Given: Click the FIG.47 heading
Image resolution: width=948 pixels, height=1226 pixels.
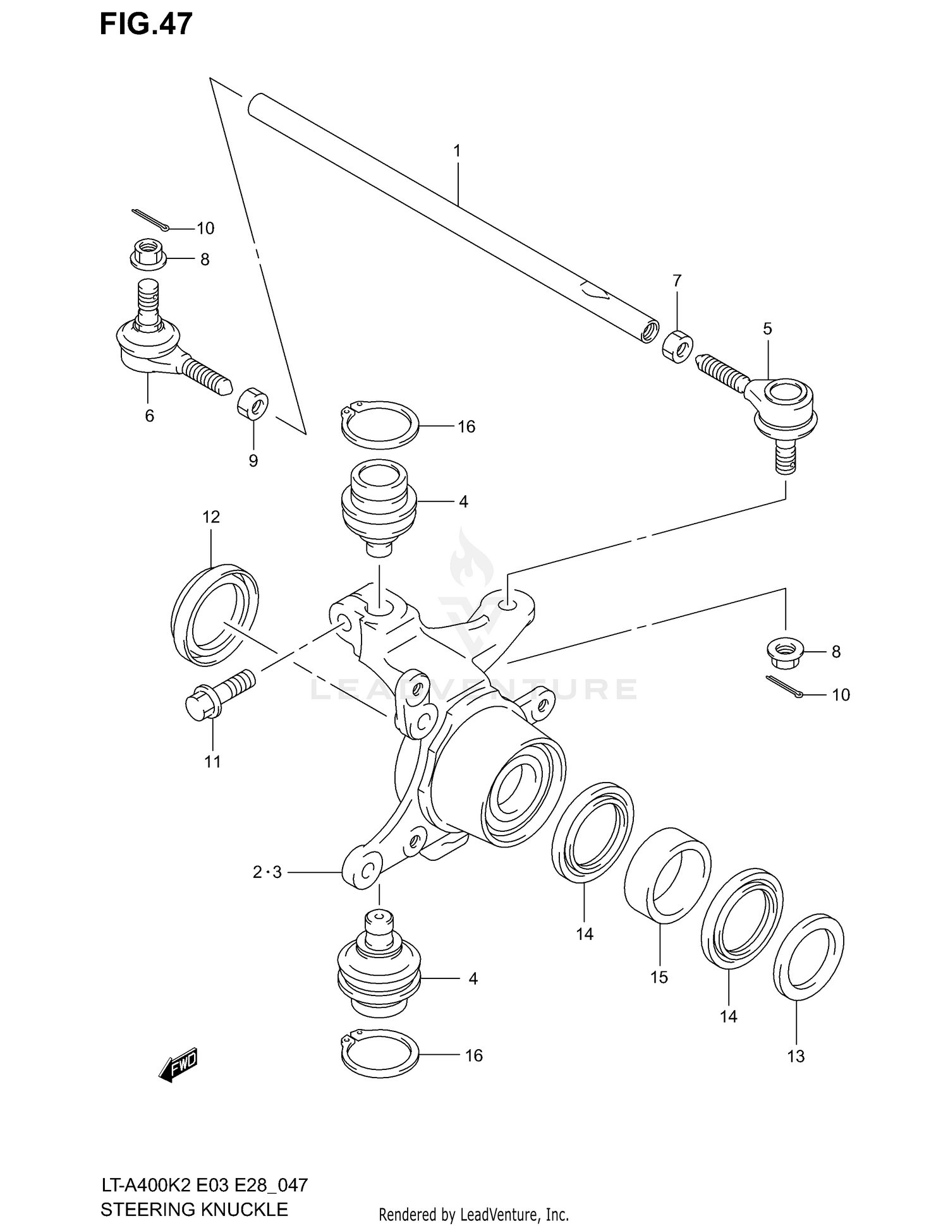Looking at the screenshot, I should [x=146, y=23].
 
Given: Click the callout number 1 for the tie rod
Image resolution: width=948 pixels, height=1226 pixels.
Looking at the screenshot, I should [x=456, y=151].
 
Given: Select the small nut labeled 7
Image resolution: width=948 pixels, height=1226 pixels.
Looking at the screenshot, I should [x=677, y=346].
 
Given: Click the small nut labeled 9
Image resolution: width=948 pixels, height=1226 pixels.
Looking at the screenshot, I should [x=253, y=404].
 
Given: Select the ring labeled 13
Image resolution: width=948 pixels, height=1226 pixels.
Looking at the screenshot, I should [x=808, y=957].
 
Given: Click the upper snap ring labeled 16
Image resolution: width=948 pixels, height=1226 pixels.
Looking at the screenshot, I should [x=379, y=424].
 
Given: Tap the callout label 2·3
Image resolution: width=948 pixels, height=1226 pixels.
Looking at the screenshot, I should [x=267, y=872].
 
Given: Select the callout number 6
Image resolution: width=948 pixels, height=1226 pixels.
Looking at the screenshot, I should [x=149, y=416].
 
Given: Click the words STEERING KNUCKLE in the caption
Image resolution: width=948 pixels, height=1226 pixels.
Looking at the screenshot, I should [x=194, y=1209].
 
